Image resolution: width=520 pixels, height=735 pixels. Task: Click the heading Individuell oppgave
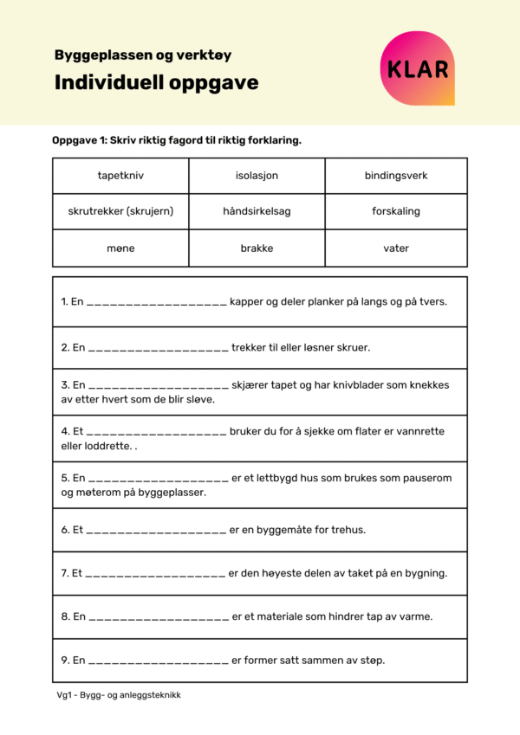156,83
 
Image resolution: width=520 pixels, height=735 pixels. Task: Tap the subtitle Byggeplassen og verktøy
143,55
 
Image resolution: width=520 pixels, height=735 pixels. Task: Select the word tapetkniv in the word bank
120,176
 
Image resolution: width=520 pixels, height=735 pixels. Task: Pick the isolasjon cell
257,176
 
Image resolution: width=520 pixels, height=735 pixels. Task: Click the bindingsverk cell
396,176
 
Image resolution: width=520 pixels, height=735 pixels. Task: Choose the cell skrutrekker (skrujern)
120,211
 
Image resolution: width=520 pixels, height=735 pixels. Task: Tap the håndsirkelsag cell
257,211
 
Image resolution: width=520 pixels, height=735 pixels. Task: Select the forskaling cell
396,211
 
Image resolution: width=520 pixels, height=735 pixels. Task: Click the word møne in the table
120,248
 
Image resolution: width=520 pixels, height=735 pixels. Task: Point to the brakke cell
257,248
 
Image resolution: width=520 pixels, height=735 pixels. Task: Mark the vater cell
396,248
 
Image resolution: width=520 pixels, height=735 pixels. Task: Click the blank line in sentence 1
157,302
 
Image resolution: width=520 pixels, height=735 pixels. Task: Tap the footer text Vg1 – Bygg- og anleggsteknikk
119,695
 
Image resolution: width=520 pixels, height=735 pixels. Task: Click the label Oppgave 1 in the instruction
79,140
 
